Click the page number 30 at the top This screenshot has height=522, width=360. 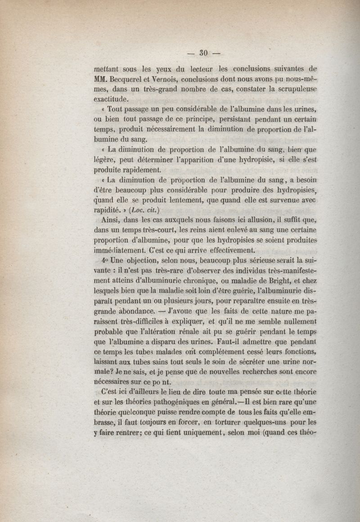click(202, 54)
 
